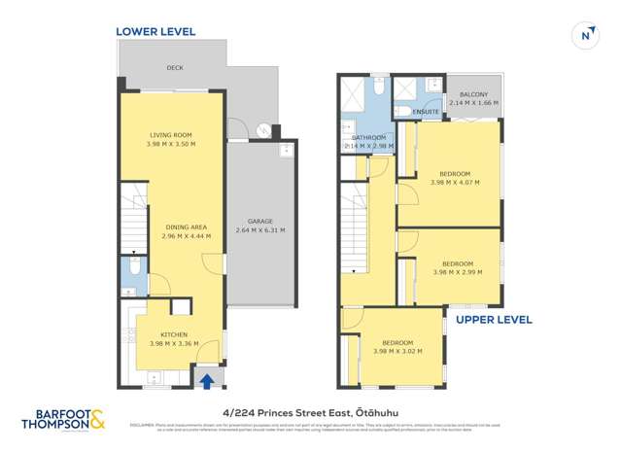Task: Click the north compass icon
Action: point(585,34)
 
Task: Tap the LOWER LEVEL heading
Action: point(155,31)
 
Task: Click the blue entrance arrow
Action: point(206,380)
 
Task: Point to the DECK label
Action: point(175,68)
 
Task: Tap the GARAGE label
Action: point(259,221)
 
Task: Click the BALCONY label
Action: point(471,93)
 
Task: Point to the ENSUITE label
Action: point(426,112)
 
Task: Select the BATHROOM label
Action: point(369,138)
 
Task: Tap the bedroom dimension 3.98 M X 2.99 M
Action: point(457,273)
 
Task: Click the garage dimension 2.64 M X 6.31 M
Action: point(259,231)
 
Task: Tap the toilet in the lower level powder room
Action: point(135,265)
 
